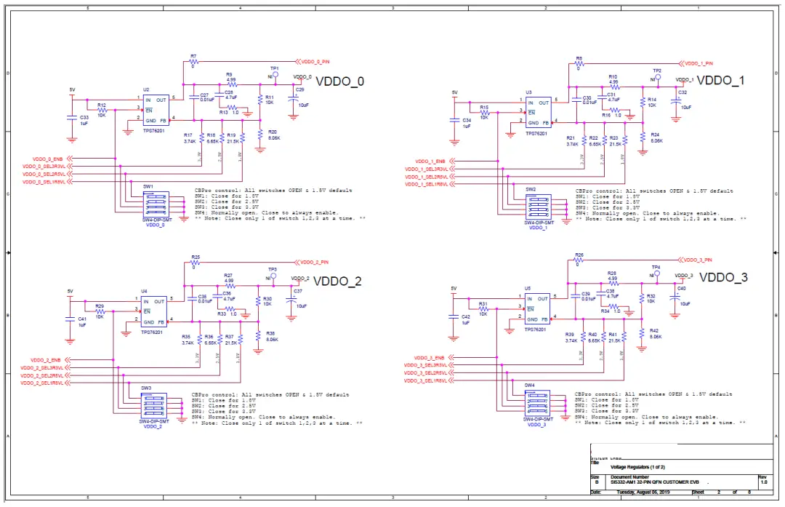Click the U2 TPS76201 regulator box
[156, 110]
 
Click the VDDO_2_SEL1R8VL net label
[44, 382]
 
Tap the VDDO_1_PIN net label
[699, 63]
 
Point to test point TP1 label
[274, 68]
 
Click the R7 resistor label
[193, 55]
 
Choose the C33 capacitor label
[84, 117]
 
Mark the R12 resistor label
[102, 105]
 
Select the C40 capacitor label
[681, 288]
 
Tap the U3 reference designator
[528, 93]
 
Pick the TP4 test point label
[656, 267]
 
